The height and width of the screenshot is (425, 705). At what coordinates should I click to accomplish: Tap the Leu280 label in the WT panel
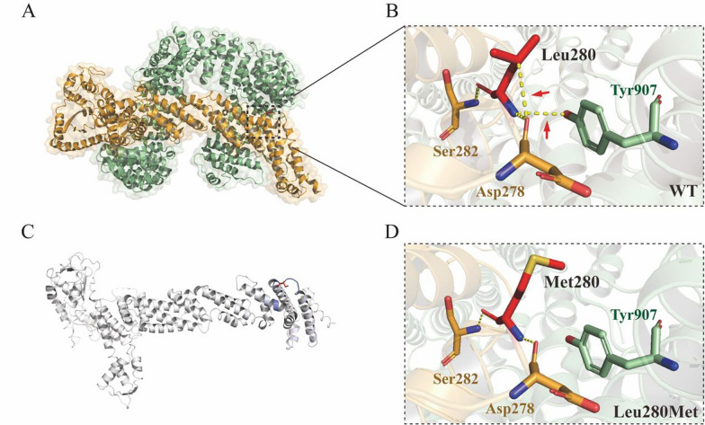click(x=569, y=54)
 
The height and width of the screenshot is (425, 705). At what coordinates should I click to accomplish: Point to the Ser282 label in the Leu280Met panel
click(x=432, y=370)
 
